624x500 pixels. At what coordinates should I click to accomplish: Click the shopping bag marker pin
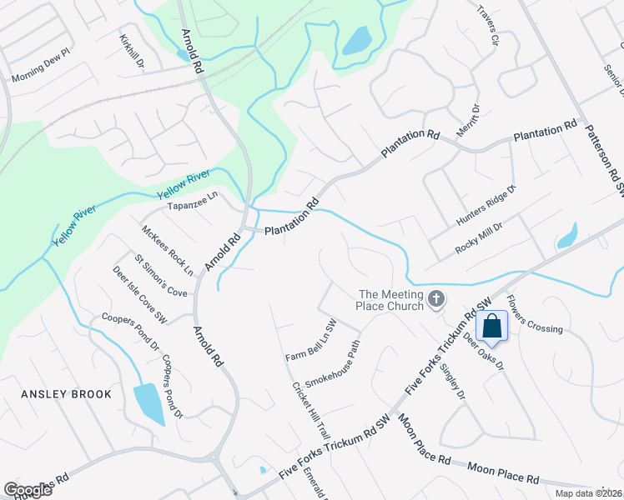(492, 327)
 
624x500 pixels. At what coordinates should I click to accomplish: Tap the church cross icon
(435, 298)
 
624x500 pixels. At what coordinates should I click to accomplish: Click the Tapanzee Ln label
(193, 201)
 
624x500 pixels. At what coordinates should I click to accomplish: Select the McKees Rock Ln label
(167, 250)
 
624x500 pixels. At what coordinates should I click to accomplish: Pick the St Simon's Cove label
(161, 276)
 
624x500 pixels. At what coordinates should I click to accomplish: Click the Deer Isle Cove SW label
(140, 295)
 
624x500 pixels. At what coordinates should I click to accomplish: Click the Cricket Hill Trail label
(311, 411)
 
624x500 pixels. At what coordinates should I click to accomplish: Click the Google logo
(28, 489)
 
